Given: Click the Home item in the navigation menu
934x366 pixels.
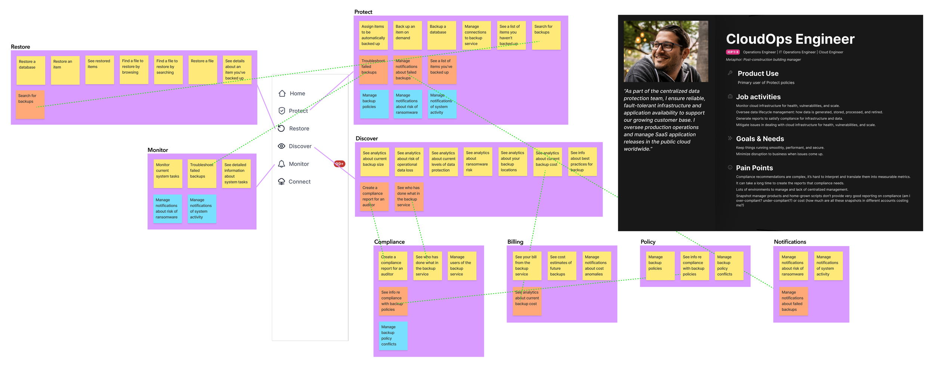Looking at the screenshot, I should (297, 93).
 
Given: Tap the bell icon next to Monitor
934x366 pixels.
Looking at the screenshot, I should (282, 164).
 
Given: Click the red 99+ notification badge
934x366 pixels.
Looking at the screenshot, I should (339, 164).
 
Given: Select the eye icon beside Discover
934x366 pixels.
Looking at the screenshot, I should (282, 146).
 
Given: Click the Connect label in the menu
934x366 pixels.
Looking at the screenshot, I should (299, 182).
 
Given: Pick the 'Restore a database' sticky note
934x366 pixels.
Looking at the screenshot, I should (31, 70).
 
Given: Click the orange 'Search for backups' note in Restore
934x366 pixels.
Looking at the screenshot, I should (30, 104).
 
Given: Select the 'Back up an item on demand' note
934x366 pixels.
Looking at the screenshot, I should (407, 35).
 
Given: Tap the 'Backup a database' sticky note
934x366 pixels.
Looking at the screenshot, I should (442, 35).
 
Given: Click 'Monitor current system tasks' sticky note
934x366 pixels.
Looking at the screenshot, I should (168, 173).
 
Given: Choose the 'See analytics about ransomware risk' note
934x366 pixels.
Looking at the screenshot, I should (478, 161).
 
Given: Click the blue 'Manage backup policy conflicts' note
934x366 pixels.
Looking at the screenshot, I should (393, 335).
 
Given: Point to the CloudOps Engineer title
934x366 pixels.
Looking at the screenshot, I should (790, 39).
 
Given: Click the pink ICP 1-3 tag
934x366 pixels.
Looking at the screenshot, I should (732, 52).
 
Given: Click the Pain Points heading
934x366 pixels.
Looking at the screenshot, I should (754, 168).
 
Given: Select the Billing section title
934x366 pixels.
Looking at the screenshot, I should (515, 242).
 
